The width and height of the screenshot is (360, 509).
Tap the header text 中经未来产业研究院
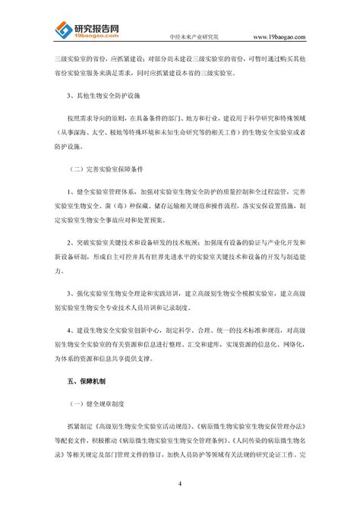(x=194, y=36)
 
